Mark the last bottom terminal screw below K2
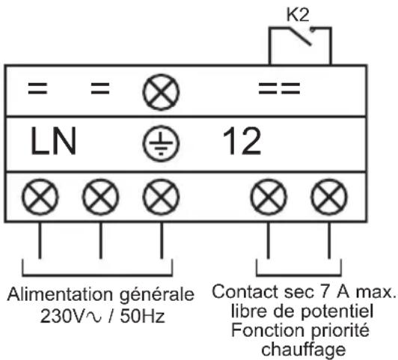pyautogui.click(x=325, y=199)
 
